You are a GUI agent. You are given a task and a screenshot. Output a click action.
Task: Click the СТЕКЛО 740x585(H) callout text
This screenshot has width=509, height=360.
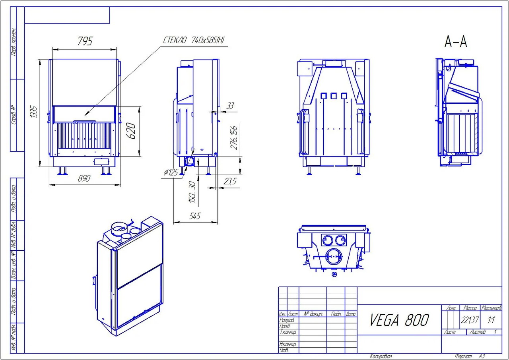194,40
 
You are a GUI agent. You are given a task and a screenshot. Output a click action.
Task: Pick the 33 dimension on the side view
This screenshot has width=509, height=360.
230,106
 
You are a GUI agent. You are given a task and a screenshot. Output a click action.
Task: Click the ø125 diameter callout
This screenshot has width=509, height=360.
171,173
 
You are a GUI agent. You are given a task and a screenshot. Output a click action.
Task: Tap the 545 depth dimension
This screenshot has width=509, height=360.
195,216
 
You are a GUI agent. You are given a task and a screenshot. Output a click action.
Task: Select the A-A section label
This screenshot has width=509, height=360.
456,42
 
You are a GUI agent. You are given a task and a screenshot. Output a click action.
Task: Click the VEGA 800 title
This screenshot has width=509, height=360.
399,319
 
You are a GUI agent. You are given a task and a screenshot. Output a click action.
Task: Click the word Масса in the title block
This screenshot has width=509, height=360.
470,308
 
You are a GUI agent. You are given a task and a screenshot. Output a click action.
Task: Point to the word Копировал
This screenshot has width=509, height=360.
381,356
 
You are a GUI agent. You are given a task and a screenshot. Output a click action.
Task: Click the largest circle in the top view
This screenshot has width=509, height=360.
333,256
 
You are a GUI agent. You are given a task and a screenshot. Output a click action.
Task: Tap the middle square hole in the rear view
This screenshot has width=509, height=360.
334,95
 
